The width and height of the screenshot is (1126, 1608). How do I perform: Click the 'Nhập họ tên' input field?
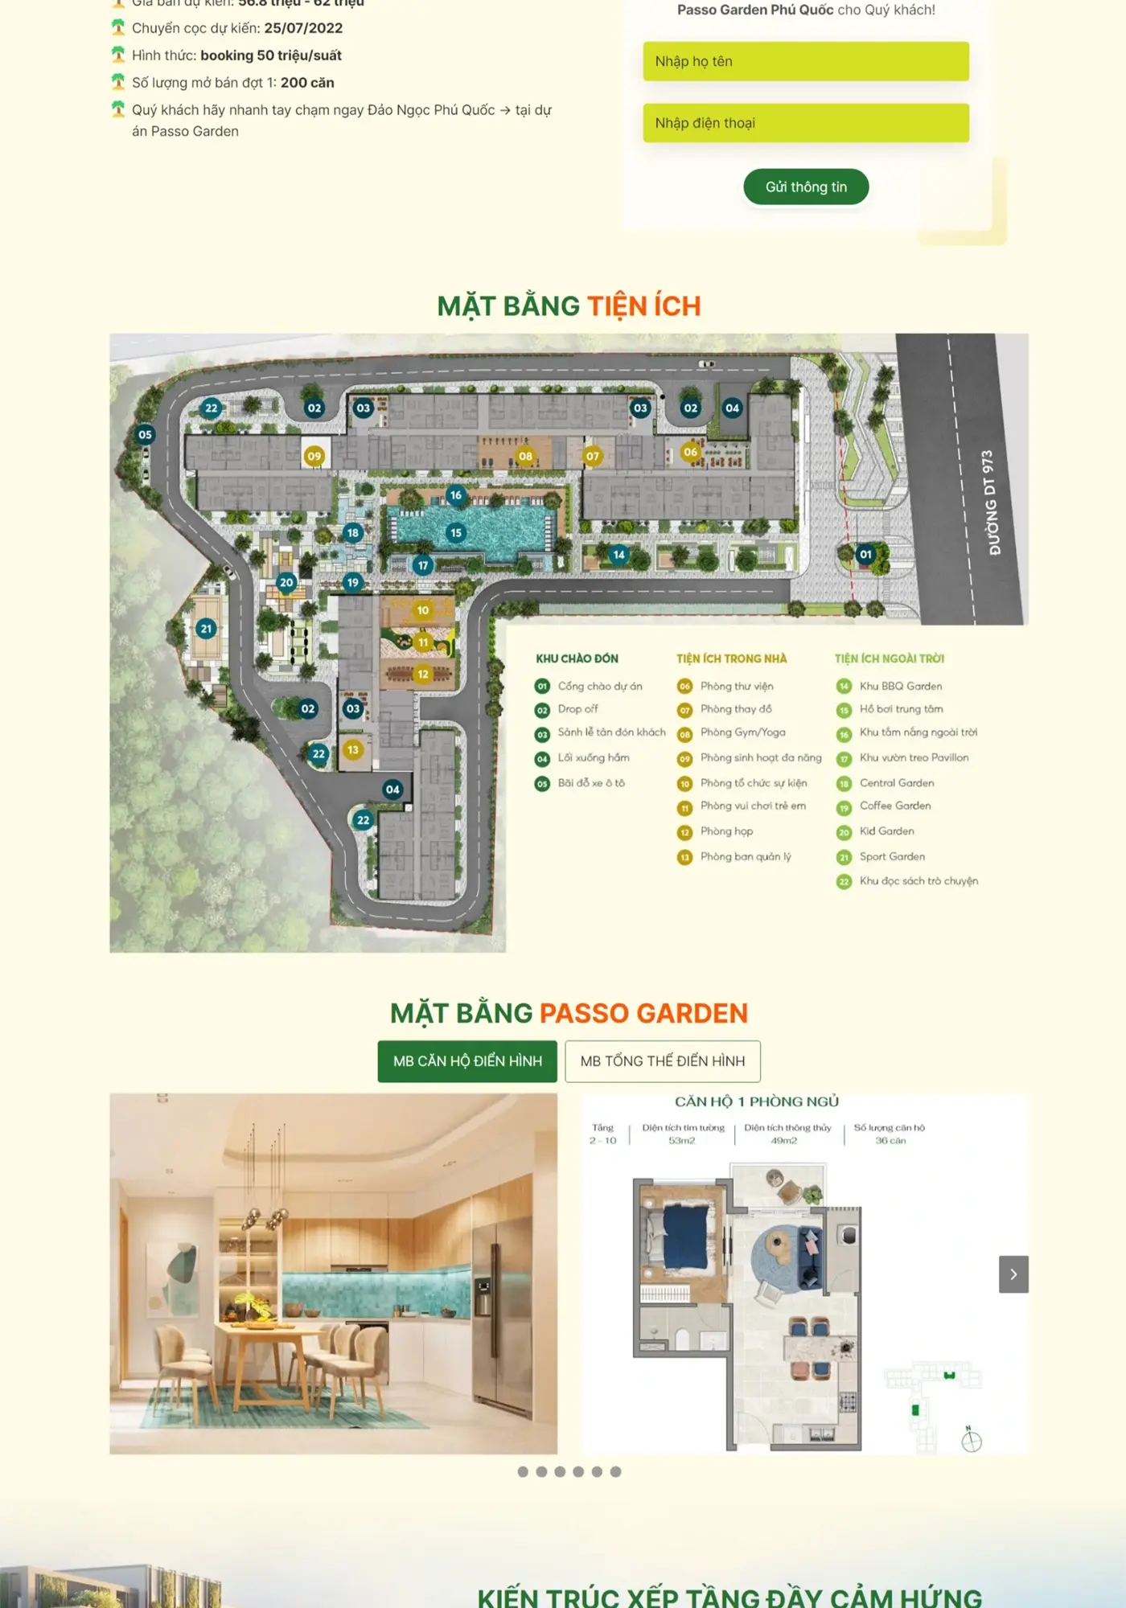805,62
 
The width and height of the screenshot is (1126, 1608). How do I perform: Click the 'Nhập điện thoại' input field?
805,123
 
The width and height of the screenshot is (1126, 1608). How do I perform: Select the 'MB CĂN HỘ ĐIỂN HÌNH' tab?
467,1061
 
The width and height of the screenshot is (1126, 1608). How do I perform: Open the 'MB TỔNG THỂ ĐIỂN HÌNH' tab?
662,1061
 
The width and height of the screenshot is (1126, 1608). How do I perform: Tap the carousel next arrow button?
1013,1274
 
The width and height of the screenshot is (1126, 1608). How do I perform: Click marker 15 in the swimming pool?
456,532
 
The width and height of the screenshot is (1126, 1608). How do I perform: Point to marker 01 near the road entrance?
865,554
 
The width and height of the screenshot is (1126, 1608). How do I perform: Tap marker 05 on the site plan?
145,435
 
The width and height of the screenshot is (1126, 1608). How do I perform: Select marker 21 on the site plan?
207,629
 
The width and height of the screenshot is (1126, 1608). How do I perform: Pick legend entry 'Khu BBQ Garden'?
900,686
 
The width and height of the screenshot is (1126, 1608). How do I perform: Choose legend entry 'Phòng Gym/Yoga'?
742,732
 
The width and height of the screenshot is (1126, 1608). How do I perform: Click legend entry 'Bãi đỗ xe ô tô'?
590,783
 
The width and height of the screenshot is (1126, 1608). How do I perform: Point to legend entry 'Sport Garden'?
891,857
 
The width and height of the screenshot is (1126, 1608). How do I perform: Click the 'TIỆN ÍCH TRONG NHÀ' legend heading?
731,658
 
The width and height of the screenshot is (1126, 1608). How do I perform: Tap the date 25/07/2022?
303,28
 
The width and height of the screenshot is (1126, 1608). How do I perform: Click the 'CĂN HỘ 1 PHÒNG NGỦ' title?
756,1101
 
